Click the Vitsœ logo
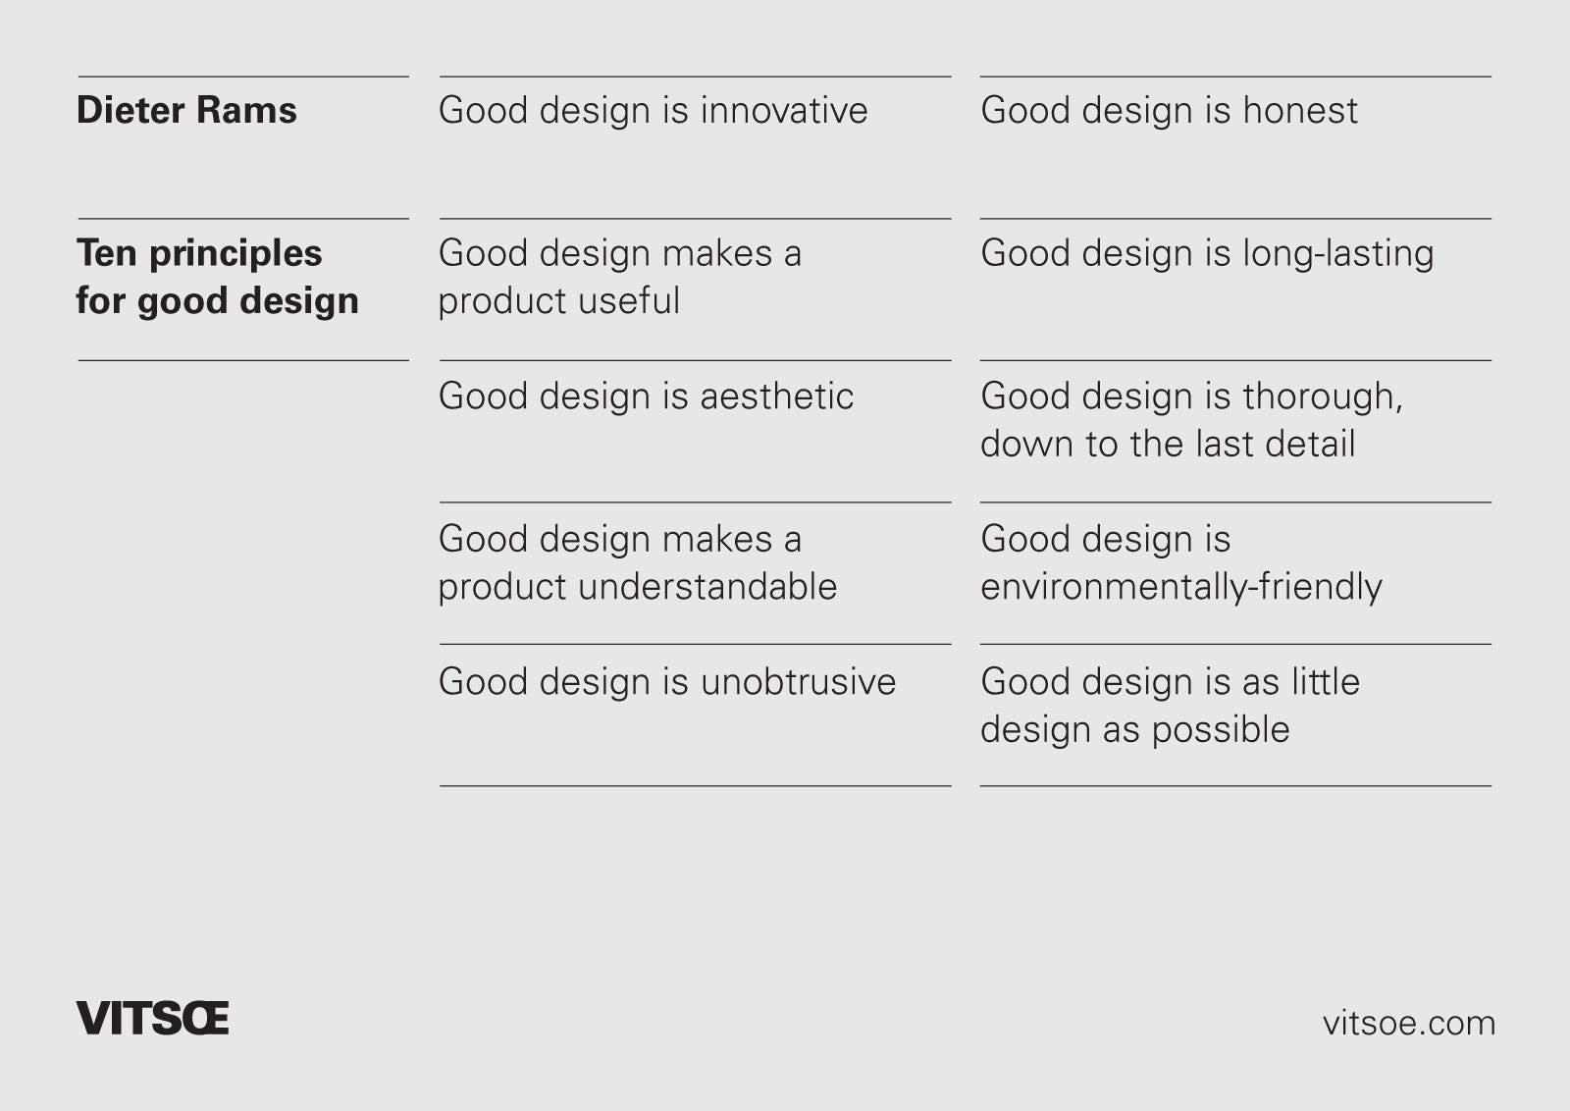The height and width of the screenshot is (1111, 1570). point(152,1019)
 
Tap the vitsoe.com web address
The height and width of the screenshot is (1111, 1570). point(1408,1023)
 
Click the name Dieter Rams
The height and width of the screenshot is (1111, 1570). point(186,110)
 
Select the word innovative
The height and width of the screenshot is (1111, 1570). point(784,110)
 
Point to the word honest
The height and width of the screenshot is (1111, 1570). point(1300,110)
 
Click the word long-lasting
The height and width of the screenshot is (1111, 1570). point(1338,253)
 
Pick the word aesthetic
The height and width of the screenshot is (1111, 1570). point(776,397)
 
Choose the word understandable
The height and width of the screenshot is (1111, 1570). point(707,587)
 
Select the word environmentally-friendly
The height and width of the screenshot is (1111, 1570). point(1180,587)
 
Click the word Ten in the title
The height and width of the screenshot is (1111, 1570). point(106,253)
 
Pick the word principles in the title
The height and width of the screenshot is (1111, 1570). point(235,254)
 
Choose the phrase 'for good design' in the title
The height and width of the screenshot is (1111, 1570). point(217,301)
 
